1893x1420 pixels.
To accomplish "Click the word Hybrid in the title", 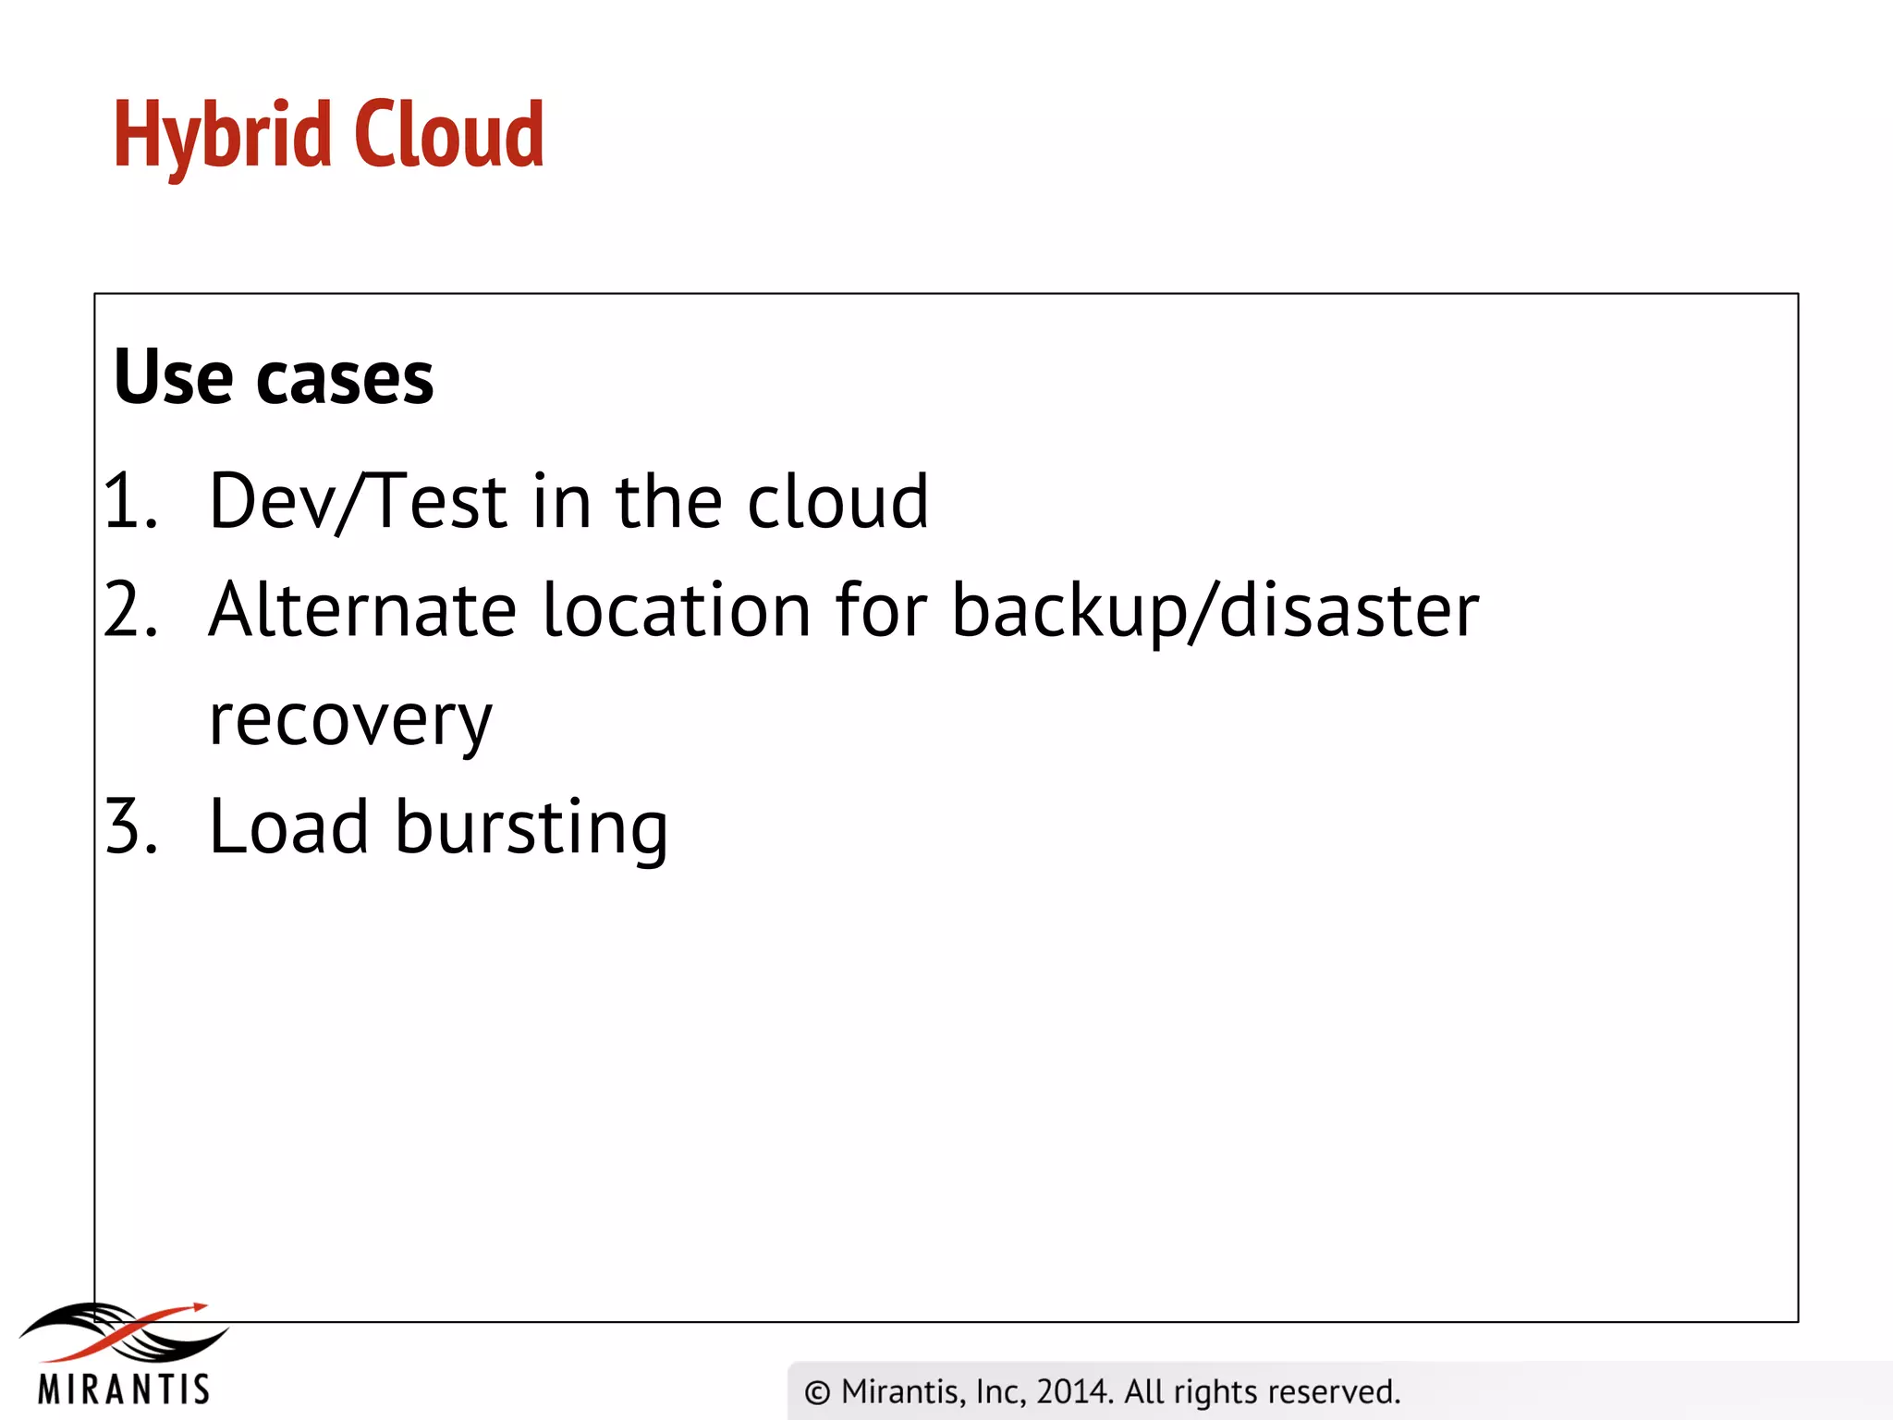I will click(x=222, y=137).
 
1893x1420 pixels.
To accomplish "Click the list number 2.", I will click(x=129, y=609).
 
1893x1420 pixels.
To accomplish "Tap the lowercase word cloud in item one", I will click(x=837, y=501).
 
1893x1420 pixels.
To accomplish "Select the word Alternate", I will click(x=361, y=610).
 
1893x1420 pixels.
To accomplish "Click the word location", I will click(x=677, y=610).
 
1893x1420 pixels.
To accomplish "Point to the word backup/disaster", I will click(x=1215, y=610).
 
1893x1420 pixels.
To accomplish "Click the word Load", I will click(x=288, y=826).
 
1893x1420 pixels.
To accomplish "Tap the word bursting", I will click(x=531, y=826).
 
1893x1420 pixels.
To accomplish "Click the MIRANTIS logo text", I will click(x=124, y=1389).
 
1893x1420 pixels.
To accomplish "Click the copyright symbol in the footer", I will click(x=817, y=1392).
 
